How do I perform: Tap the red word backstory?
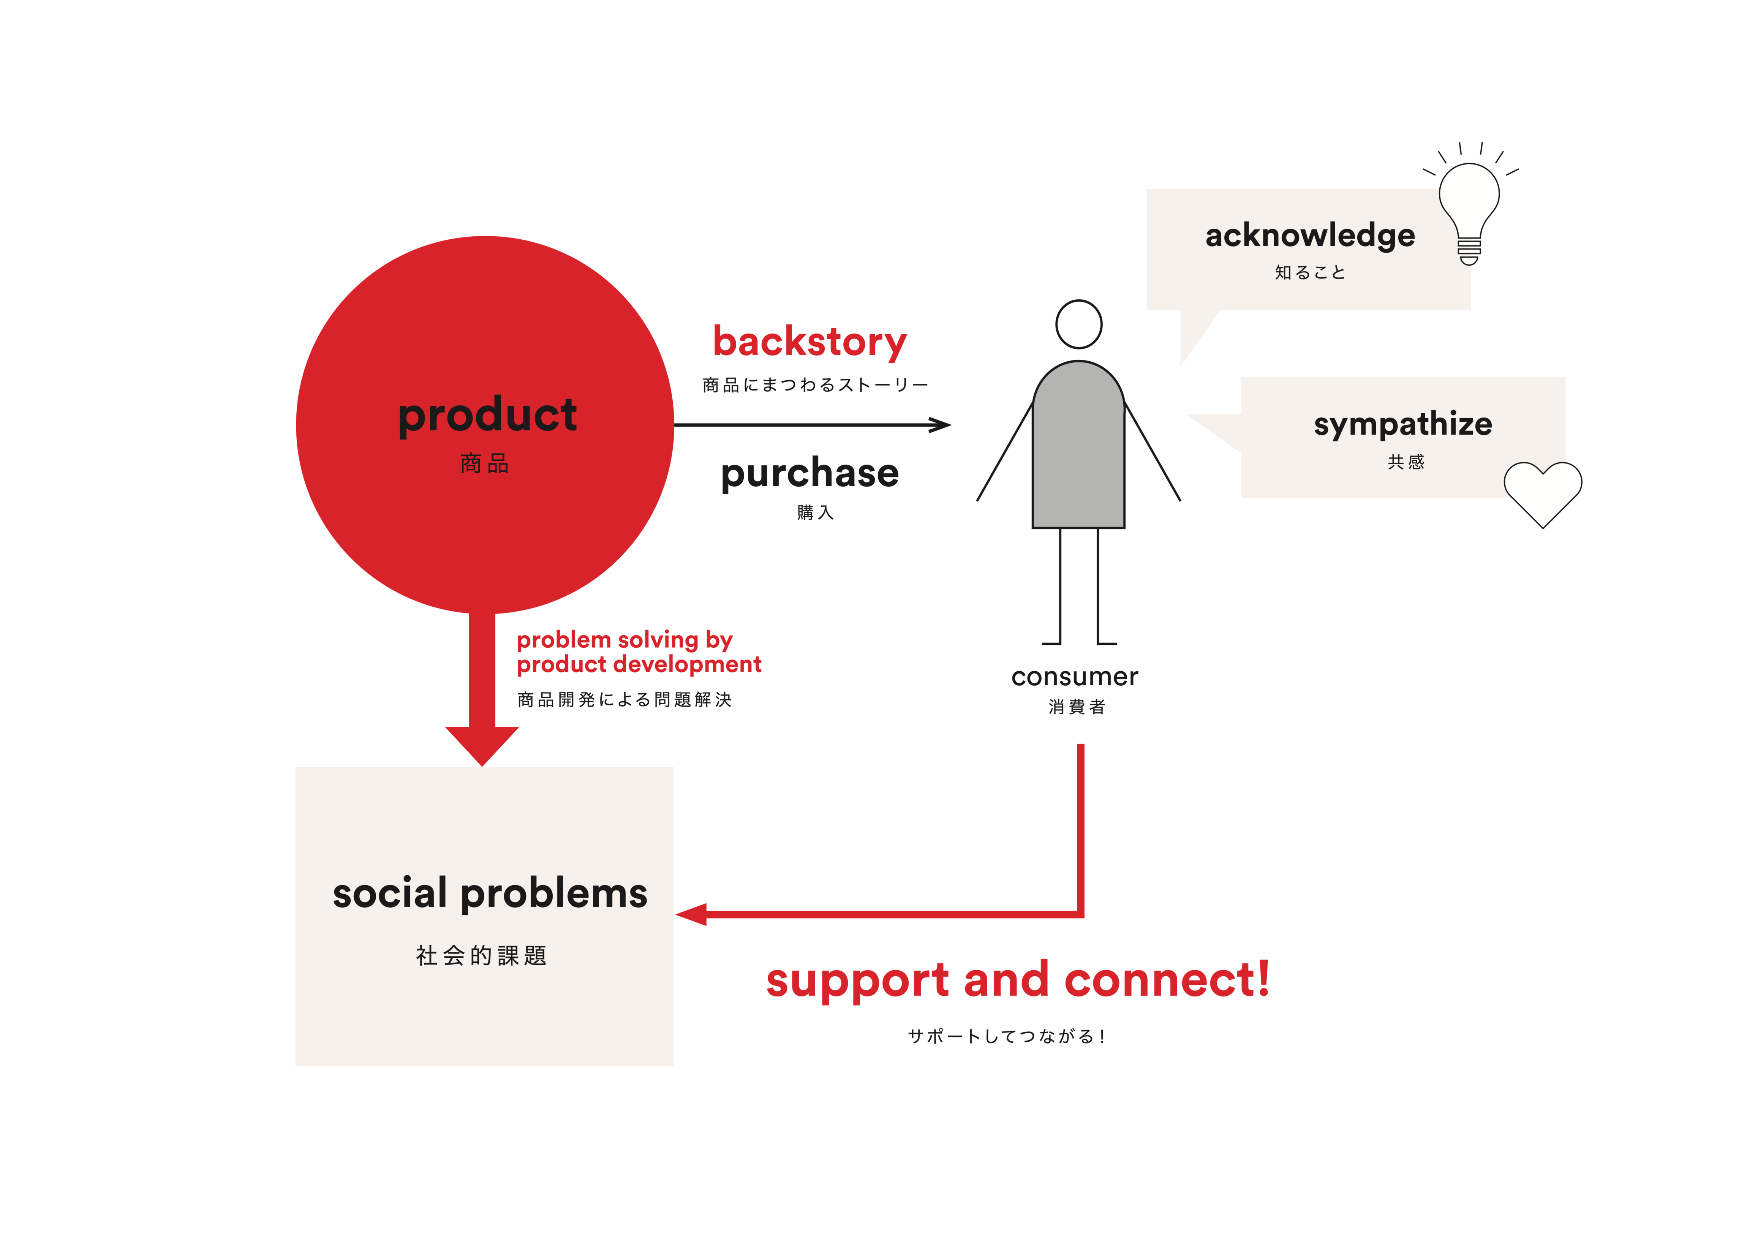[x=810, y=343]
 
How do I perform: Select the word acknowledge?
[x=1310, y=236]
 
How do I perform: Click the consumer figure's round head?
[x=1078, y=324]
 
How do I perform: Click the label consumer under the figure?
[x=1075, y=677]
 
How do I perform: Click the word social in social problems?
[x=390, y=893]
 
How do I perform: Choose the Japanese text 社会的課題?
[x=482, y=955]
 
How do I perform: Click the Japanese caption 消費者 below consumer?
[x=1076, y=707]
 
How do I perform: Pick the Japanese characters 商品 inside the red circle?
[x=485, y=463]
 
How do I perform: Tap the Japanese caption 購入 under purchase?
[x=815, y=512]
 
